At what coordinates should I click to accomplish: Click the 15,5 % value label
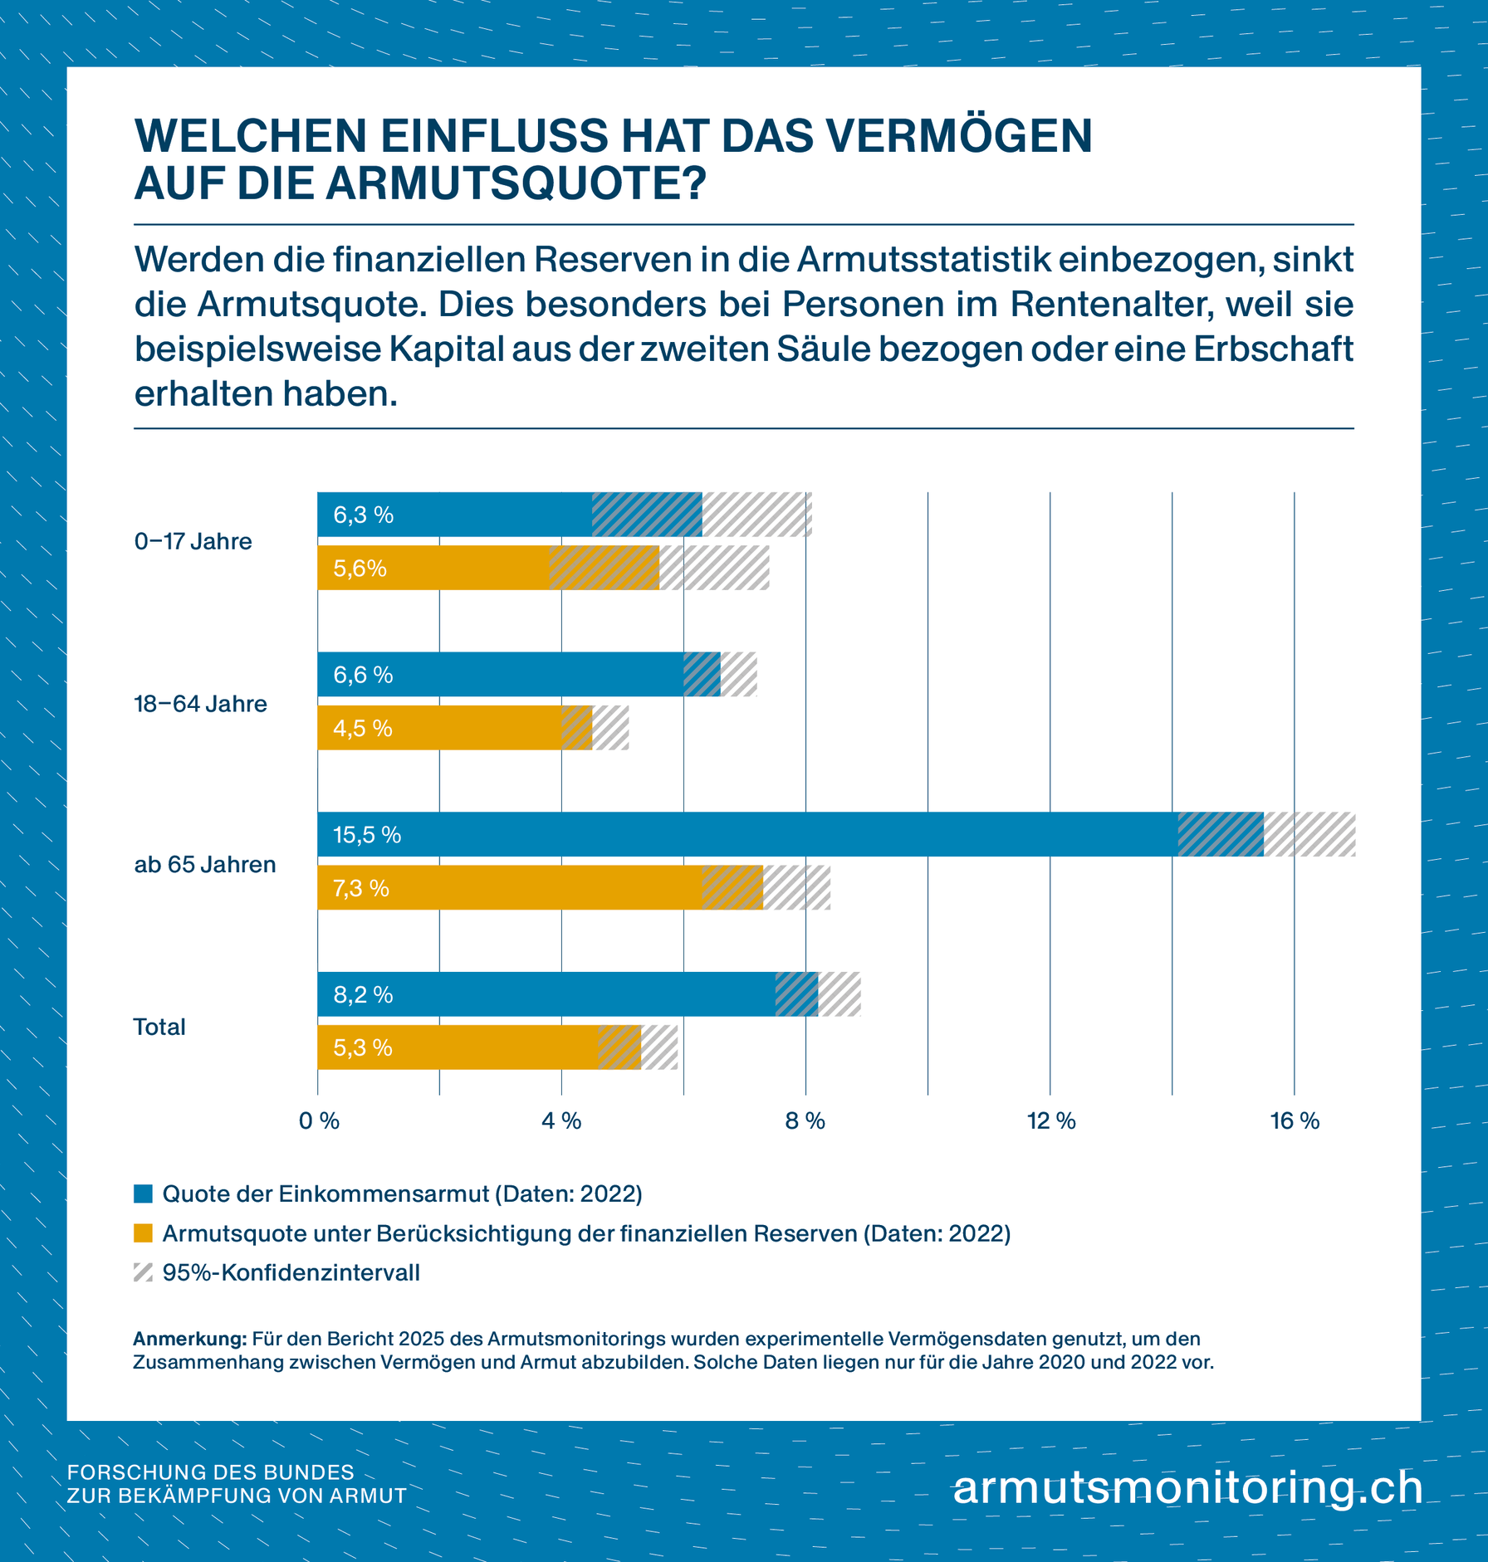point(367,835)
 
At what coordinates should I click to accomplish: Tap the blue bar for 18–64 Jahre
point(515,675)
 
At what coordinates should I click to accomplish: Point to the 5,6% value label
point(360,569)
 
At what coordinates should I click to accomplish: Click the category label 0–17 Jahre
point(193,542)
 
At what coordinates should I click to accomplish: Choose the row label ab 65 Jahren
point(204,865)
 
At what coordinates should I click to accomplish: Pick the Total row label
point(159,1028)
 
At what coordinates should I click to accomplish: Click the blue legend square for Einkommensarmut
point(143,1194)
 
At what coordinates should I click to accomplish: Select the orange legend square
point(143,1233)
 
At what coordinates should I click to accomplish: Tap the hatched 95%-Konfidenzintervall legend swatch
point(143,1272)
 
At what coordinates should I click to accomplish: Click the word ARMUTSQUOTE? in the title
point(515,183)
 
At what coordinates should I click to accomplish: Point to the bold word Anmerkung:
point(190,1339)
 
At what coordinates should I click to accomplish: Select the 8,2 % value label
point(363,995)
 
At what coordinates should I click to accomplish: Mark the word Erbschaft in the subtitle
point(1274,349)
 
